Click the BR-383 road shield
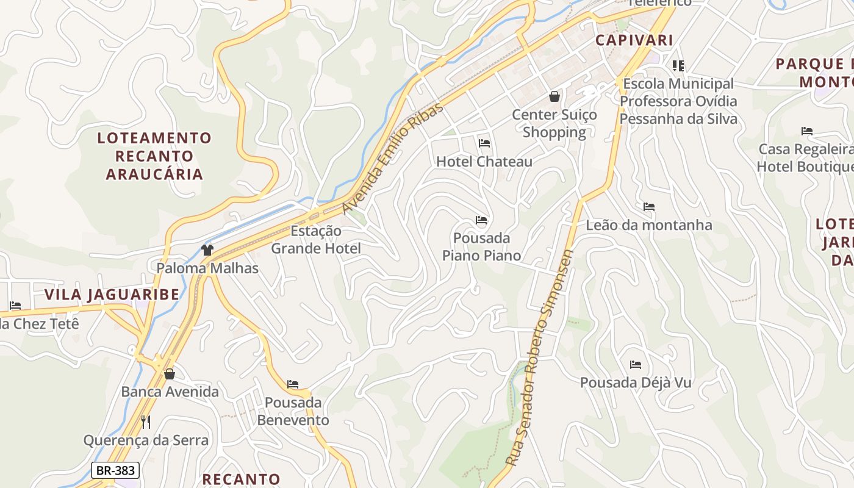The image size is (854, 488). [x=116, y=470]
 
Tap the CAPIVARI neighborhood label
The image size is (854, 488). [x=634, y=40]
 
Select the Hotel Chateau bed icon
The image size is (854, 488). [x=484, y=143]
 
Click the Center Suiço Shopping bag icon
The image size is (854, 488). [x=554, y=96]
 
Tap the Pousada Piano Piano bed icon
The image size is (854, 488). [x=481, y=220]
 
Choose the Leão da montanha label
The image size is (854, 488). [x=648, y=225]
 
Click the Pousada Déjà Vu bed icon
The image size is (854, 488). [x=636, y=365]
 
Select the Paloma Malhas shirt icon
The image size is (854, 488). [x=207, y=249]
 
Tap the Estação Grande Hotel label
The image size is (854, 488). [x=316, y=240]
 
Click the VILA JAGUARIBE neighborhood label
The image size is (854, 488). [x=112, y=295]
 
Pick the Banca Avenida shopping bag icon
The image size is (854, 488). [x=170, y=373]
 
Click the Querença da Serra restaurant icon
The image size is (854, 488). [x=146, y=422]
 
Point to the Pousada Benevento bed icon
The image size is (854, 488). [x=293, y=384]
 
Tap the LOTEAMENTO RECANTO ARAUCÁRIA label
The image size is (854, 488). [x=154, y=156]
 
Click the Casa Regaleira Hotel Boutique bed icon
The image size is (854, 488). [x=807, y=131]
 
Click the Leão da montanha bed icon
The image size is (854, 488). [x=649, y=207]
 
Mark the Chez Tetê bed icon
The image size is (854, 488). [x=15, y=306]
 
